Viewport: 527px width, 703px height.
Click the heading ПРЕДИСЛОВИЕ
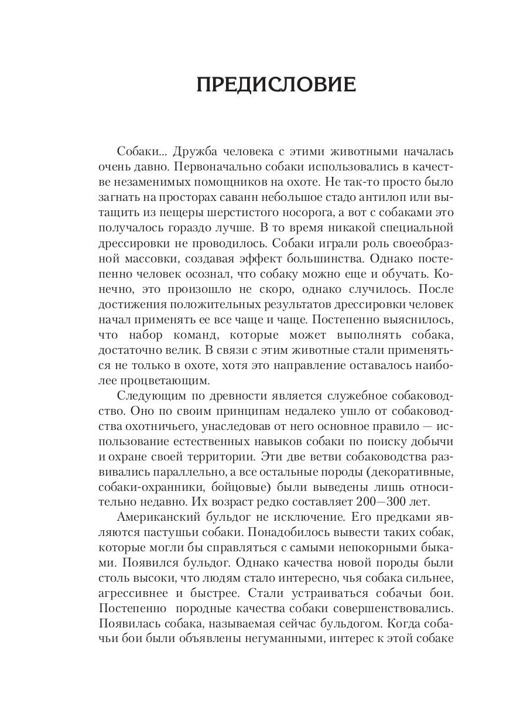(x=276, y=84)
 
